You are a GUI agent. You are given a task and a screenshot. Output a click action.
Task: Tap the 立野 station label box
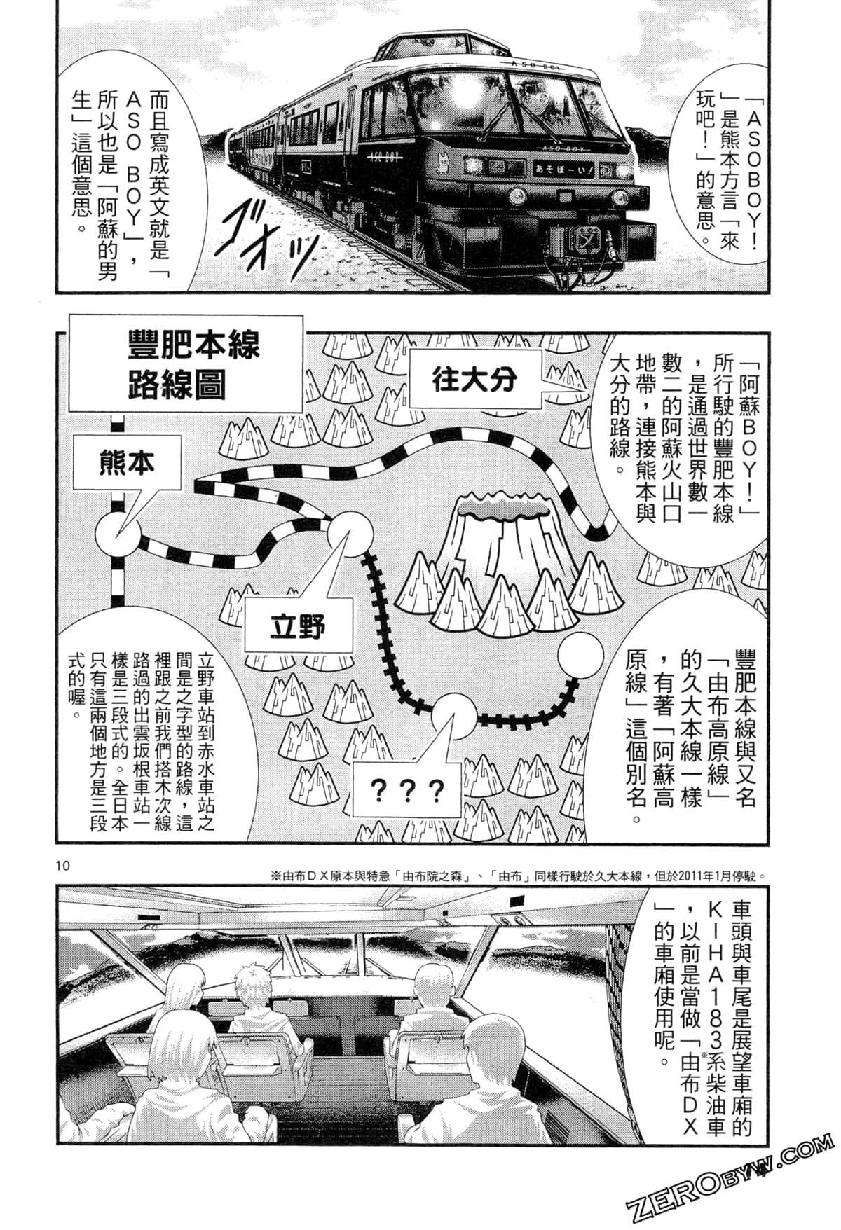297,626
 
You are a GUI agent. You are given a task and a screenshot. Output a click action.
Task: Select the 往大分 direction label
474,379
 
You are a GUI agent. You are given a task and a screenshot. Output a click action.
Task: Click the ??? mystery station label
406,790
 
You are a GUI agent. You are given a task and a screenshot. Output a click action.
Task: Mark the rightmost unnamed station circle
581,654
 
